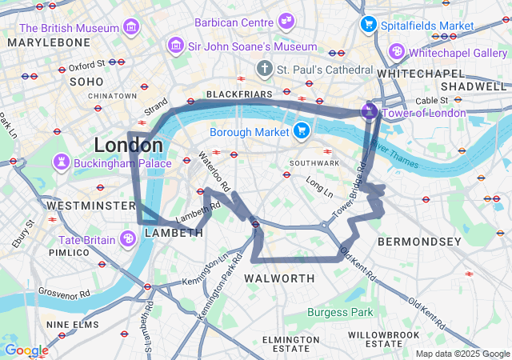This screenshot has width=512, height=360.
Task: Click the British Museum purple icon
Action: coord(130,28)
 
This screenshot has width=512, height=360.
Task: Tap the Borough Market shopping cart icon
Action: coord(302,130)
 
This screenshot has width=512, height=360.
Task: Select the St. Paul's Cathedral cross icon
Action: coord(265,69)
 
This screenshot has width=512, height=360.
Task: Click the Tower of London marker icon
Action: coord(369,111)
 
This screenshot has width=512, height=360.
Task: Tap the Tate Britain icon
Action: coord(127,238)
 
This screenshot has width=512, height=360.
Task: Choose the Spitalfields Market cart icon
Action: coord(369,25)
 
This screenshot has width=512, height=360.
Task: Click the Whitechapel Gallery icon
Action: coord(397,52)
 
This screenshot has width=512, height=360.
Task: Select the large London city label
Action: coord(128,146)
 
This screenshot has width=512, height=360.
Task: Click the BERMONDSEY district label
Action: coord(419,241)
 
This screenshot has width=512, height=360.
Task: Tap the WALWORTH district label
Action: coord(279,278)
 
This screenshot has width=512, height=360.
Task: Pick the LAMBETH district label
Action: coord(174,233)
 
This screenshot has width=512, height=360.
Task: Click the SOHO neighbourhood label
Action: coord(86,82)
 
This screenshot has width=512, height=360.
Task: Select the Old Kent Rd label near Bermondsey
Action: coord(358,263)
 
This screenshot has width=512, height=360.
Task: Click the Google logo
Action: coord(26,350)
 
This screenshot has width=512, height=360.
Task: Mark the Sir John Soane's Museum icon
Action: coord(175,46)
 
